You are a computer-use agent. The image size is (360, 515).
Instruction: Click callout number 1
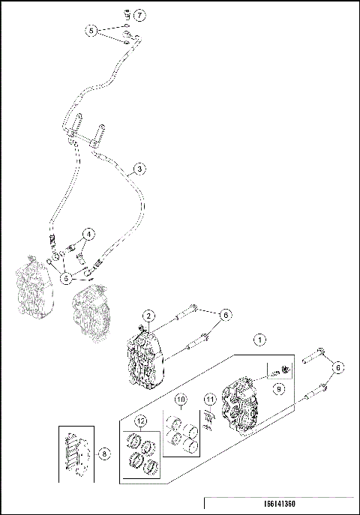coord(259,340)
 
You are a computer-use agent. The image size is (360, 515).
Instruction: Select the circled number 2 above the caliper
coord(149,316)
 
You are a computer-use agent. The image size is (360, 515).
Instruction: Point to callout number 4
coord(88,234)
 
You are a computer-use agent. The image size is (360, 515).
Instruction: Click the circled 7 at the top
coord(140,15)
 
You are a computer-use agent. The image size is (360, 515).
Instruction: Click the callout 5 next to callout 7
coord(91,31)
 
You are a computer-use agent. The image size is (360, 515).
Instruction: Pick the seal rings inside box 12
coord(142,454)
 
